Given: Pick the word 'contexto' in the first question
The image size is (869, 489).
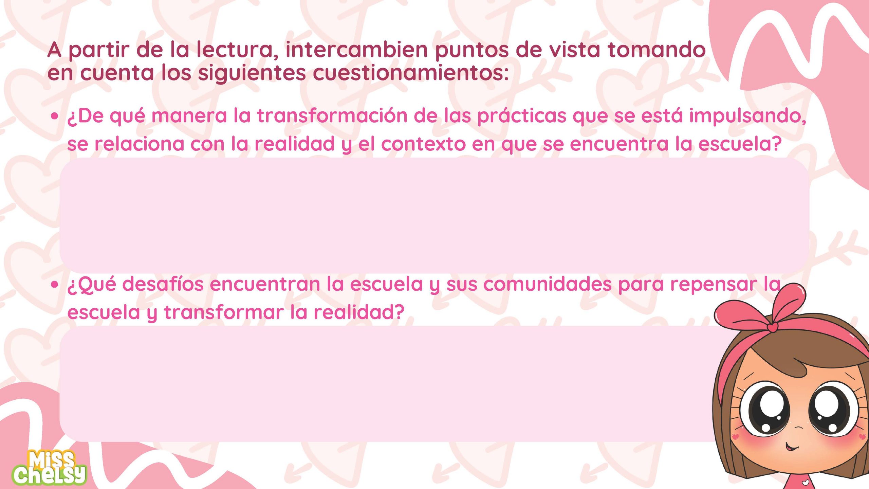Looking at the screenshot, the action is (x=423, y=144).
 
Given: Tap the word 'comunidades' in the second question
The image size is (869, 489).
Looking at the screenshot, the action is (x=548, y=284).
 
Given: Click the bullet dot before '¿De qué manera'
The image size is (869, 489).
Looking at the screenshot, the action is (x=54, y=116).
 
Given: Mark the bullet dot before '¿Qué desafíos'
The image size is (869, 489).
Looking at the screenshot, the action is (x=54, y=285).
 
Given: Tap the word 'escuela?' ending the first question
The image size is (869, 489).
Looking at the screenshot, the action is (x=740, y=144).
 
